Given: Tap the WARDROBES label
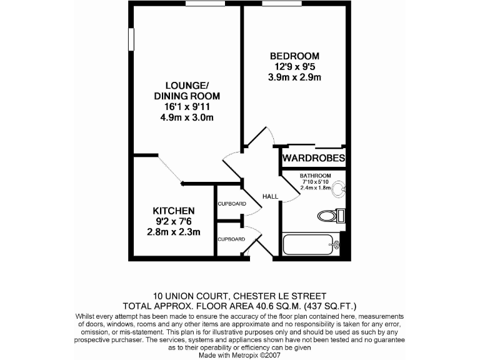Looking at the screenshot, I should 313,159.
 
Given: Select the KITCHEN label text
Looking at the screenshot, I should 174,211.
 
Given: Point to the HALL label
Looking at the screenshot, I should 270,196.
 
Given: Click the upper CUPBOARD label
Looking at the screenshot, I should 231,204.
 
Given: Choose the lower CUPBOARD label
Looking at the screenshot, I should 231,239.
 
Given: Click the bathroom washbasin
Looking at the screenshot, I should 337,187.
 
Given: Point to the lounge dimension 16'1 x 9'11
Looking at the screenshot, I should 187,107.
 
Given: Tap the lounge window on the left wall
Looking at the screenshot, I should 132,39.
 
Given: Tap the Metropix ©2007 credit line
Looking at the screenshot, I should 239,355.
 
